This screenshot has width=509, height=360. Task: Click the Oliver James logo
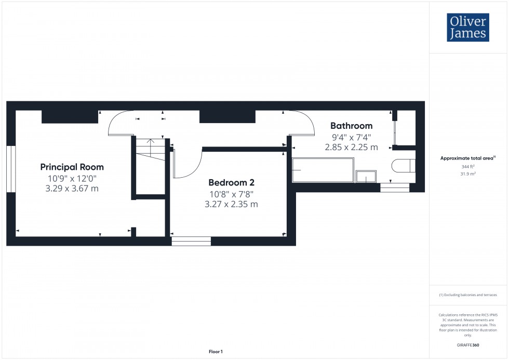[x=467, y=28]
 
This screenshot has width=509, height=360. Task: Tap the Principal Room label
[x=72, y=167]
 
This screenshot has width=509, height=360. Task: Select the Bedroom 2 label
[x=231, y=182]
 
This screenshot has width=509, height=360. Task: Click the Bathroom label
[x=352, y=126]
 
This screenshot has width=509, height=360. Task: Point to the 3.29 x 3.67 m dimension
[x=72, y=188]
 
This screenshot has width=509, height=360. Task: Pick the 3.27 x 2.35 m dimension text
[x=231, y=204]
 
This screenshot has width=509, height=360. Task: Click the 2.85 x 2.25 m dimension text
[x=352, y=148]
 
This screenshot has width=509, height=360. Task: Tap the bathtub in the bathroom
[x=323, y=170]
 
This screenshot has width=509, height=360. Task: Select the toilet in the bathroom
[x=403, y=166]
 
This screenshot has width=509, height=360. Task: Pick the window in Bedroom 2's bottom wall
[x=191, y=241]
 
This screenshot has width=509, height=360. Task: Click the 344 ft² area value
[x=468, y=167]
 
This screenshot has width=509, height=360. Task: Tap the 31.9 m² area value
[x=468, y=174]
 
